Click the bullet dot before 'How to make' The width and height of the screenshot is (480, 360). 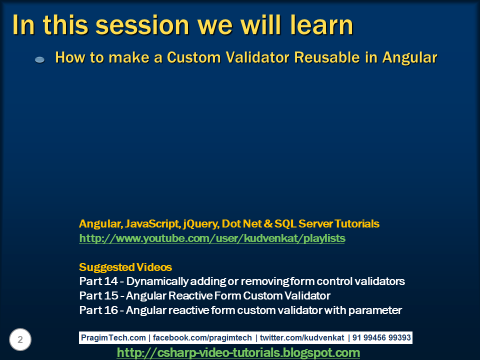[x=40, y=59]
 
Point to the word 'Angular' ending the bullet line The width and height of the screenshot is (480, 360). [x=409, y=57]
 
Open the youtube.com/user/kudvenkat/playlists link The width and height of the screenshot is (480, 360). [x=212, y=238]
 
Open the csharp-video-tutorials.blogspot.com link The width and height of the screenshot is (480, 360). [x=238, y=352]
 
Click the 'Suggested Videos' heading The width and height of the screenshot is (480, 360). [x=125, y=267]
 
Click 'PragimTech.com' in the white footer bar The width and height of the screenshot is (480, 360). [x=113, y=337]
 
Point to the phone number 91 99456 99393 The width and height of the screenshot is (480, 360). [x=381, y=337]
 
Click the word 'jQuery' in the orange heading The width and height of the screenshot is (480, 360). [x=198, y=223]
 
